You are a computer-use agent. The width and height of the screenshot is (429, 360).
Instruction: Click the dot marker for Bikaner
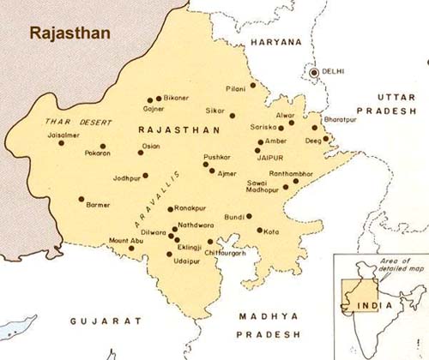pos(160,99)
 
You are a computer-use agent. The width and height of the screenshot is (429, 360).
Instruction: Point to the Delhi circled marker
pos(314,73)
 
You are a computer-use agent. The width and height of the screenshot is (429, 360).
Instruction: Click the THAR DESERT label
pos(68,123)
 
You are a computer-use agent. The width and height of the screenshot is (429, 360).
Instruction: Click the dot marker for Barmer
pos(82,200)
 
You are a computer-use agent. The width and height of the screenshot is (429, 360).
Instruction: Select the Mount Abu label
pos(109,243)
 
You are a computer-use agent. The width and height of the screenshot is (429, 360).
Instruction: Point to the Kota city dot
pos(259,230)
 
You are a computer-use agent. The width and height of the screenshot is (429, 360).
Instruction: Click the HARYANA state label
pos(277,41)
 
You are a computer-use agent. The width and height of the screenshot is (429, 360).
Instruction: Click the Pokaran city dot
pos(103,146)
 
